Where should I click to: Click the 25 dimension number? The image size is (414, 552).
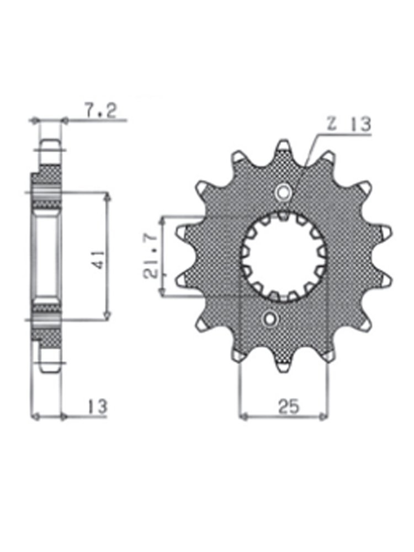(289, 406)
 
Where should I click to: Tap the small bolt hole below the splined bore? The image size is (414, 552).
(270, 319)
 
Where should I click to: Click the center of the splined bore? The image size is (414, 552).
(284, 256)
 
